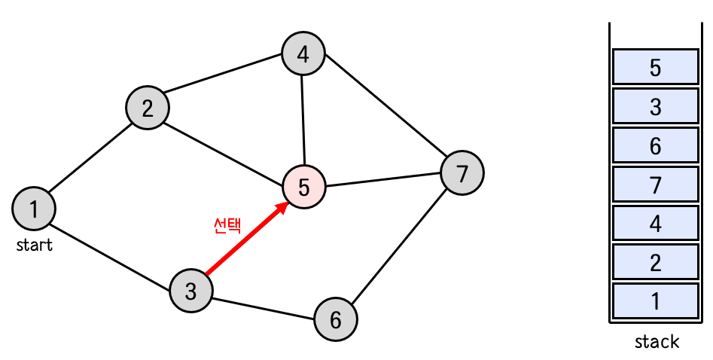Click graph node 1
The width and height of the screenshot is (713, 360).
pos(34,208)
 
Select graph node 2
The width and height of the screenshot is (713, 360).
pos(148,108)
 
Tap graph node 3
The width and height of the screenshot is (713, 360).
pos(191,290)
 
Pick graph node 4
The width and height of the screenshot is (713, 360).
pos(303,54)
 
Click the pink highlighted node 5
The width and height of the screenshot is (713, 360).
pos(303,186)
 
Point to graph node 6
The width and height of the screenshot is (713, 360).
pos(336,319)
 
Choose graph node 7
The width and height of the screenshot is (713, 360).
pos(462,173)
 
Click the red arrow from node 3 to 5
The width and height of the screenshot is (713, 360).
pos(245,239)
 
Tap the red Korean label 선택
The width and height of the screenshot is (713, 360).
pos(227,226)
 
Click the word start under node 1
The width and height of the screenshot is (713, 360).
pos(35,245)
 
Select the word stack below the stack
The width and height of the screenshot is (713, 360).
pos(657,342)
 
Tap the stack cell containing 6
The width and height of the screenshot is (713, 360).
pos(655,145)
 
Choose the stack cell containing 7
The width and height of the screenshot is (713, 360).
pos(655,184)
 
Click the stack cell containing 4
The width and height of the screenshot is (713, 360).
pos(655,223)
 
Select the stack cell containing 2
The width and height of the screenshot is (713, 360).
pos(655,262)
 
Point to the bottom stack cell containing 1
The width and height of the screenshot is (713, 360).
pos(655,301)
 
